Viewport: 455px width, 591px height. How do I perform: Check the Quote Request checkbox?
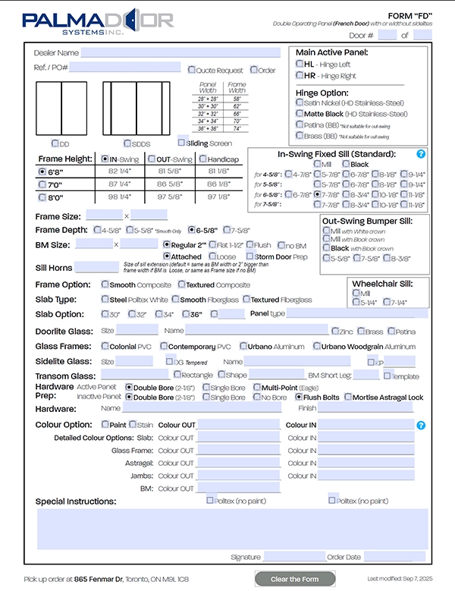coord(192,70)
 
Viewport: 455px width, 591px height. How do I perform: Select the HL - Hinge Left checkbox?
coord(300,65)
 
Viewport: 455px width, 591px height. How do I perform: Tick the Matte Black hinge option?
coord(300,114)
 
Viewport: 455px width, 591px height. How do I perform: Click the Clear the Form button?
coord(305,579)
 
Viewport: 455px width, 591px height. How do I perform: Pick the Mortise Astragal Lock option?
coord(348,397)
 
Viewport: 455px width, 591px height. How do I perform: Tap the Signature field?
coord(294,557)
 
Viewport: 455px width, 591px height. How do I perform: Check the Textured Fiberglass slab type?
coord(245,300)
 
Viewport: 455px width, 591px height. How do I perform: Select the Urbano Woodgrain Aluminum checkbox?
coord(316,346)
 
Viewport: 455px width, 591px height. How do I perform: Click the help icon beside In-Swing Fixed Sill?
coord(422,154)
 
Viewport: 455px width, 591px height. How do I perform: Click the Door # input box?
coord(387,35)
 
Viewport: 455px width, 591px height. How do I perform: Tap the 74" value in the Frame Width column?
coord(237,129)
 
